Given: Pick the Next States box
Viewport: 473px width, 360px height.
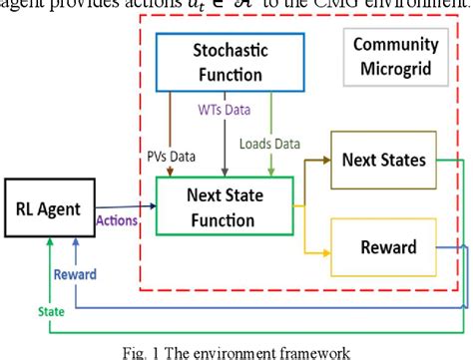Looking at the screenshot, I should (x=381, y=159).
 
